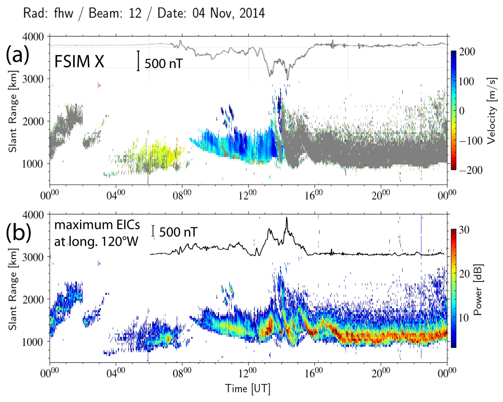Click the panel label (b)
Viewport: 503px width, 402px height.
tap(19, 232)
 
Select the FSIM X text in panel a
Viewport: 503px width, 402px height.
tap(79, 61)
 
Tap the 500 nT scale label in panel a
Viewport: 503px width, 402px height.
tap(164, 64)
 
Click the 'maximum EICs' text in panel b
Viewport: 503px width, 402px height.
tap(97, 225)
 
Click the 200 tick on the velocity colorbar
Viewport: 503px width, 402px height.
tap(467, 52)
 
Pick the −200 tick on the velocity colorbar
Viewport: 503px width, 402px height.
tap(471, 170)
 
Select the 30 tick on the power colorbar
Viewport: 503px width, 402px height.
tap(464, 230)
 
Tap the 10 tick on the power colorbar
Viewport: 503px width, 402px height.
tap(464, 318)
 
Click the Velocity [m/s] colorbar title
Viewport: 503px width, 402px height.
tap(492, 111)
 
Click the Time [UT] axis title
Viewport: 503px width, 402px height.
tap(248, 389)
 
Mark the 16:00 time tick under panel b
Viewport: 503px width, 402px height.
tap(314, 373)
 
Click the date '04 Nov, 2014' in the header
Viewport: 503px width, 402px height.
tap(229, 13)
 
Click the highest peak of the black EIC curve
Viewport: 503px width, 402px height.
tap(287, 218)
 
